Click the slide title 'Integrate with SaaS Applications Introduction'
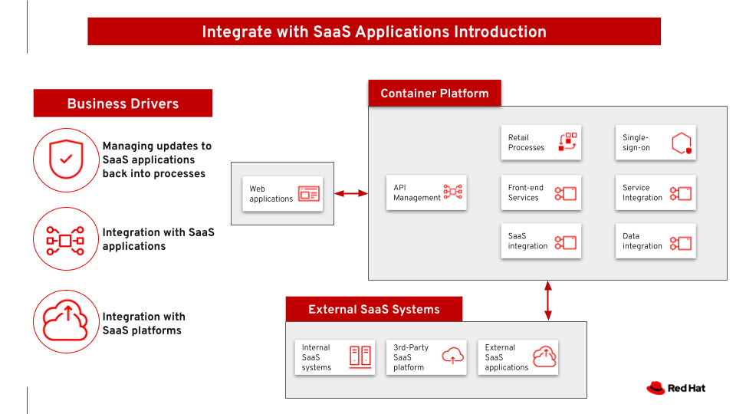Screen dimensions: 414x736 pyautogui.click(x=374, y=31)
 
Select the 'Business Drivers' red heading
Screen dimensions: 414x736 pyautogui.click(x=123, y=103)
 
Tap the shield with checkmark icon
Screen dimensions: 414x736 pyautogui.click(x=66, y=159)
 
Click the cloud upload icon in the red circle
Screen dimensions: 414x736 pyautogui.click(x=66, y=320)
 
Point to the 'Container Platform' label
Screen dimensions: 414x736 pyautogui.click(x=434, y=94)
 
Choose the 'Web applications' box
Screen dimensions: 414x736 pyautogui.click(x=283, y=194)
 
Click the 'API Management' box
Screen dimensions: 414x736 pyautogui.click(x=426, y=192)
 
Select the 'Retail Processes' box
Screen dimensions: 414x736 pyautogui.click(x=540, y=143)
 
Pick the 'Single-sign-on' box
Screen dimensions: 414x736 pyautogui.click(x=655, y=143)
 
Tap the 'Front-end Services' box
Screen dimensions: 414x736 pyautogui.click(x=540, y=192)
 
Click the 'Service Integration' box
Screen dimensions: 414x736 pyautogui.click(x=655, y=192)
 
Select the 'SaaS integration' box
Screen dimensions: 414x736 pyautogui.click(x=540, y=242)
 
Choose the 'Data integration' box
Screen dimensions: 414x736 pyautogui.click(x=655, y=242)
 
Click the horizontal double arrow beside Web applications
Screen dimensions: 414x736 pyautogui.click(x=351, y=193)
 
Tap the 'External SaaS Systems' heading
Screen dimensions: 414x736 pyautogui.click(x=374, y=310)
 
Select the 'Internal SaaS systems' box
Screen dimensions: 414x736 pyautogui.click(x=334, y=357)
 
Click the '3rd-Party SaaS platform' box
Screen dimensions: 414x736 pyautogui.click(x=426, y=357)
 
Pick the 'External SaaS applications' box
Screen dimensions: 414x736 pyautogui.click(x=517, y=357)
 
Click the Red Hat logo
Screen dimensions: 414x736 pyautogui.click(x=675, y=388)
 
